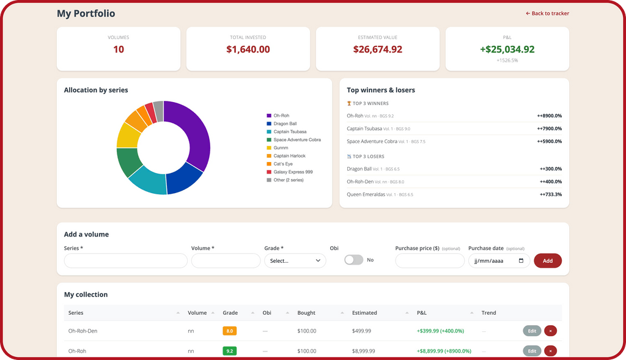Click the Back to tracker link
click(x=547, y=13)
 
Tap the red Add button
click(x=547, y=260)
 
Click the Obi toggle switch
click(x=354, y=260)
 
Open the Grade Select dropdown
click(x=295, y=260)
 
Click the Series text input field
click(x=125, y=260)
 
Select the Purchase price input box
click(x=430, y=260)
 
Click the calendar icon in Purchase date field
click(x=521, y=260)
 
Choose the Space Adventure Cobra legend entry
click(x=293, y=140)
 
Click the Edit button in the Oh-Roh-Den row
click(x=532, y=331)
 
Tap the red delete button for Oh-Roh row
click(x=550, y=351)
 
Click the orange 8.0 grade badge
click(x=230, y=331)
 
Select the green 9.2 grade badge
click(x=230, y=351)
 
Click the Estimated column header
click(x=364, y=313)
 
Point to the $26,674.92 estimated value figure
click(x=378, y=49)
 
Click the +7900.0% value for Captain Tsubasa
click(x=550, y=128)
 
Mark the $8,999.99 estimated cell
click(x=363, y=351)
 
